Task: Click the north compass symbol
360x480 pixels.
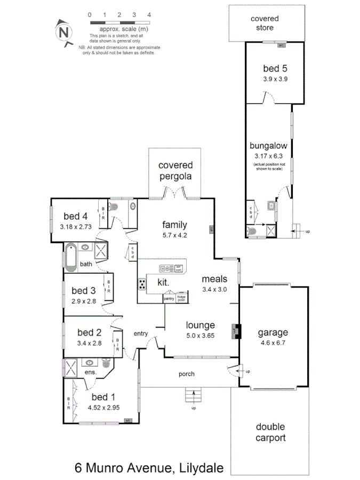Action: (64, 32)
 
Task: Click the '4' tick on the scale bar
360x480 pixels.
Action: (149, 15)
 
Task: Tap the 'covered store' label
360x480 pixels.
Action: (265, 23)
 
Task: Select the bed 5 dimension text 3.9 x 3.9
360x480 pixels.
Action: (276, 78)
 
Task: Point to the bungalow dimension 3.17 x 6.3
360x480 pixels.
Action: (269, 156)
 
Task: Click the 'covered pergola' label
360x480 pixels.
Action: (175, 171)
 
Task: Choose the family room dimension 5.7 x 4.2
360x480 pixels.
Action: (175, 235)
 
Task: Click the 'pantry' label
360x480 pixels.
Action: (169, 299)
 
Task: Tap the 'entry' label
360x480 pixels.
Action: (141, 333)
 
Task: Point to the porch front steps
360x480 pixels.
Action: (194, 396)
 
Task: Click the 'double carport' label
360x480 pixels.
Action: (270, 433)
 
